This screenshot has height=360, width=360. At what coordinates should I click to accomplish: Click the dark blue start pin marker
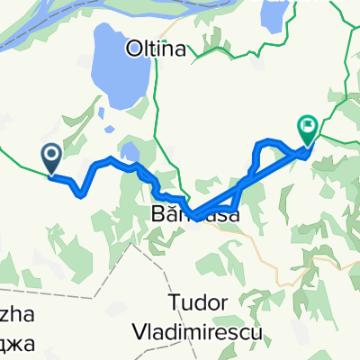point(50,158)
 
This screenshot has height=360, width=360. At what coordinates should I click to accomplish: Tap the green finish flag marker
point(308,130)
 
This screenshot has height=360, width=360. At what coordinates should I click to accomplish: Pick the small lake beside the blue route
point(130,151)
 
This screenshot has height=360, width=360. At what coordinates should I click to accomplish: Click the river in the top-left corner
point(36,27)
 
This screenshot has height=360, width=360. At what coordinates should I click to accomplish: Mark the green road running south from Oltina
point(155,117)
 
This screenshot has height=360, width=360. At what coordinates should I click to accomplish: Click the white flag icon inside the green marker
point(308,127)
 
